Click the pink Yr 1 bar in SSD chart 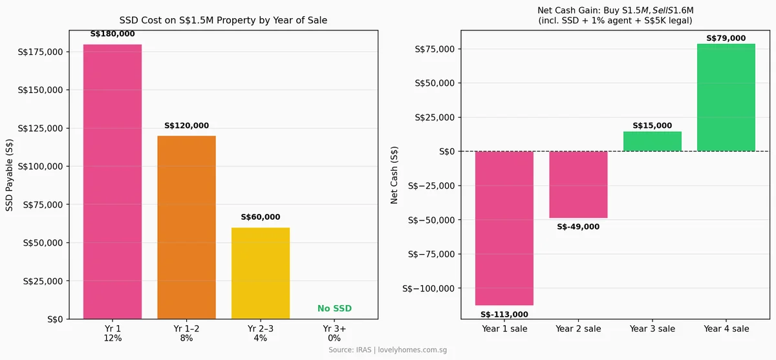tap(113, 182)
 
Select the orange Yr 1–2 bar tap(186, 227)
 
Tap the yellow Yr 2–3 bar tap(261, 273)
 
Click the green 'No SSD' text tap(334, 309)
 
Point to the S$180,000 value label tap(113, 34)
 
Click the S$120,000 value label tap(186, 126)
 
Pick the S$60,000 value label tap(261, 218)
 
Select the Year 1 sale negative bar tap(504, 228)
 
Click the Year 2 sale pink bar tap(578, 185)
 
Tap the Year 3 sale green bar tap(652, 142)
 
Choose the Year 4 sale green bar tap(726, 98)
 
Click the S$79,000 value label tap(726, 38)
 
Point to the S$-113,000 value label tap(504, 315)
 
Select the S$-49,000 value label tap(578, 227)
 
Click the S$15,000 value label tap(652, 126)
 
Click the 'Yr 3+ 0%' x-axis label tap(334, 334)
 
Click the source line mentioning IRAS tap(387, 350)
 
